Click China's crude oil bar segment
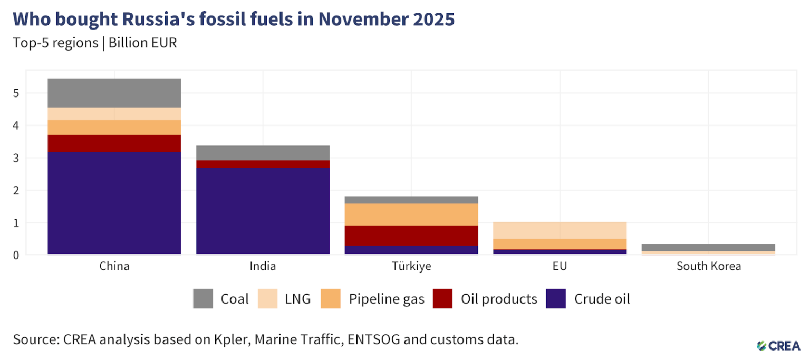[114, 203]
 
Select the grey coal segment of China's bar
[114, 93]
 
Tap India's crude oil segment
[263, 211]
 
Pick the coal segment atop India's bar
[263, 153]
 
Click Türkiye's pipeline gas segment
[411, 215]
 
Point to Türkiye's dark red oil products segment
[411, 236]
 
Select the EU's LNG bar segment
[560, 230]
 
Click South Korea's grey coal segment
[708, 247]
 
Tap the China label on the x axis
[114, 266]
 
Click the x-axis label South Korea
[708, 266]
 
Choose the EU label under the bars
[560, 266]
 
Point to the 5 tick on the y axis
[17, 93]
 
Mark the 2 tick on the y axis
[17, 190]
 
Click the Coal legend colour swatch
[204, 299]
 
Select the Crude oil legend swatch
[556, 299]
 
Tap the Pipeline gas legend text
[387, 299]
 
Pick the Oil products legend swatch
[442, 299]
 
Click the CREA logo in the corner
[778, 345]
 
